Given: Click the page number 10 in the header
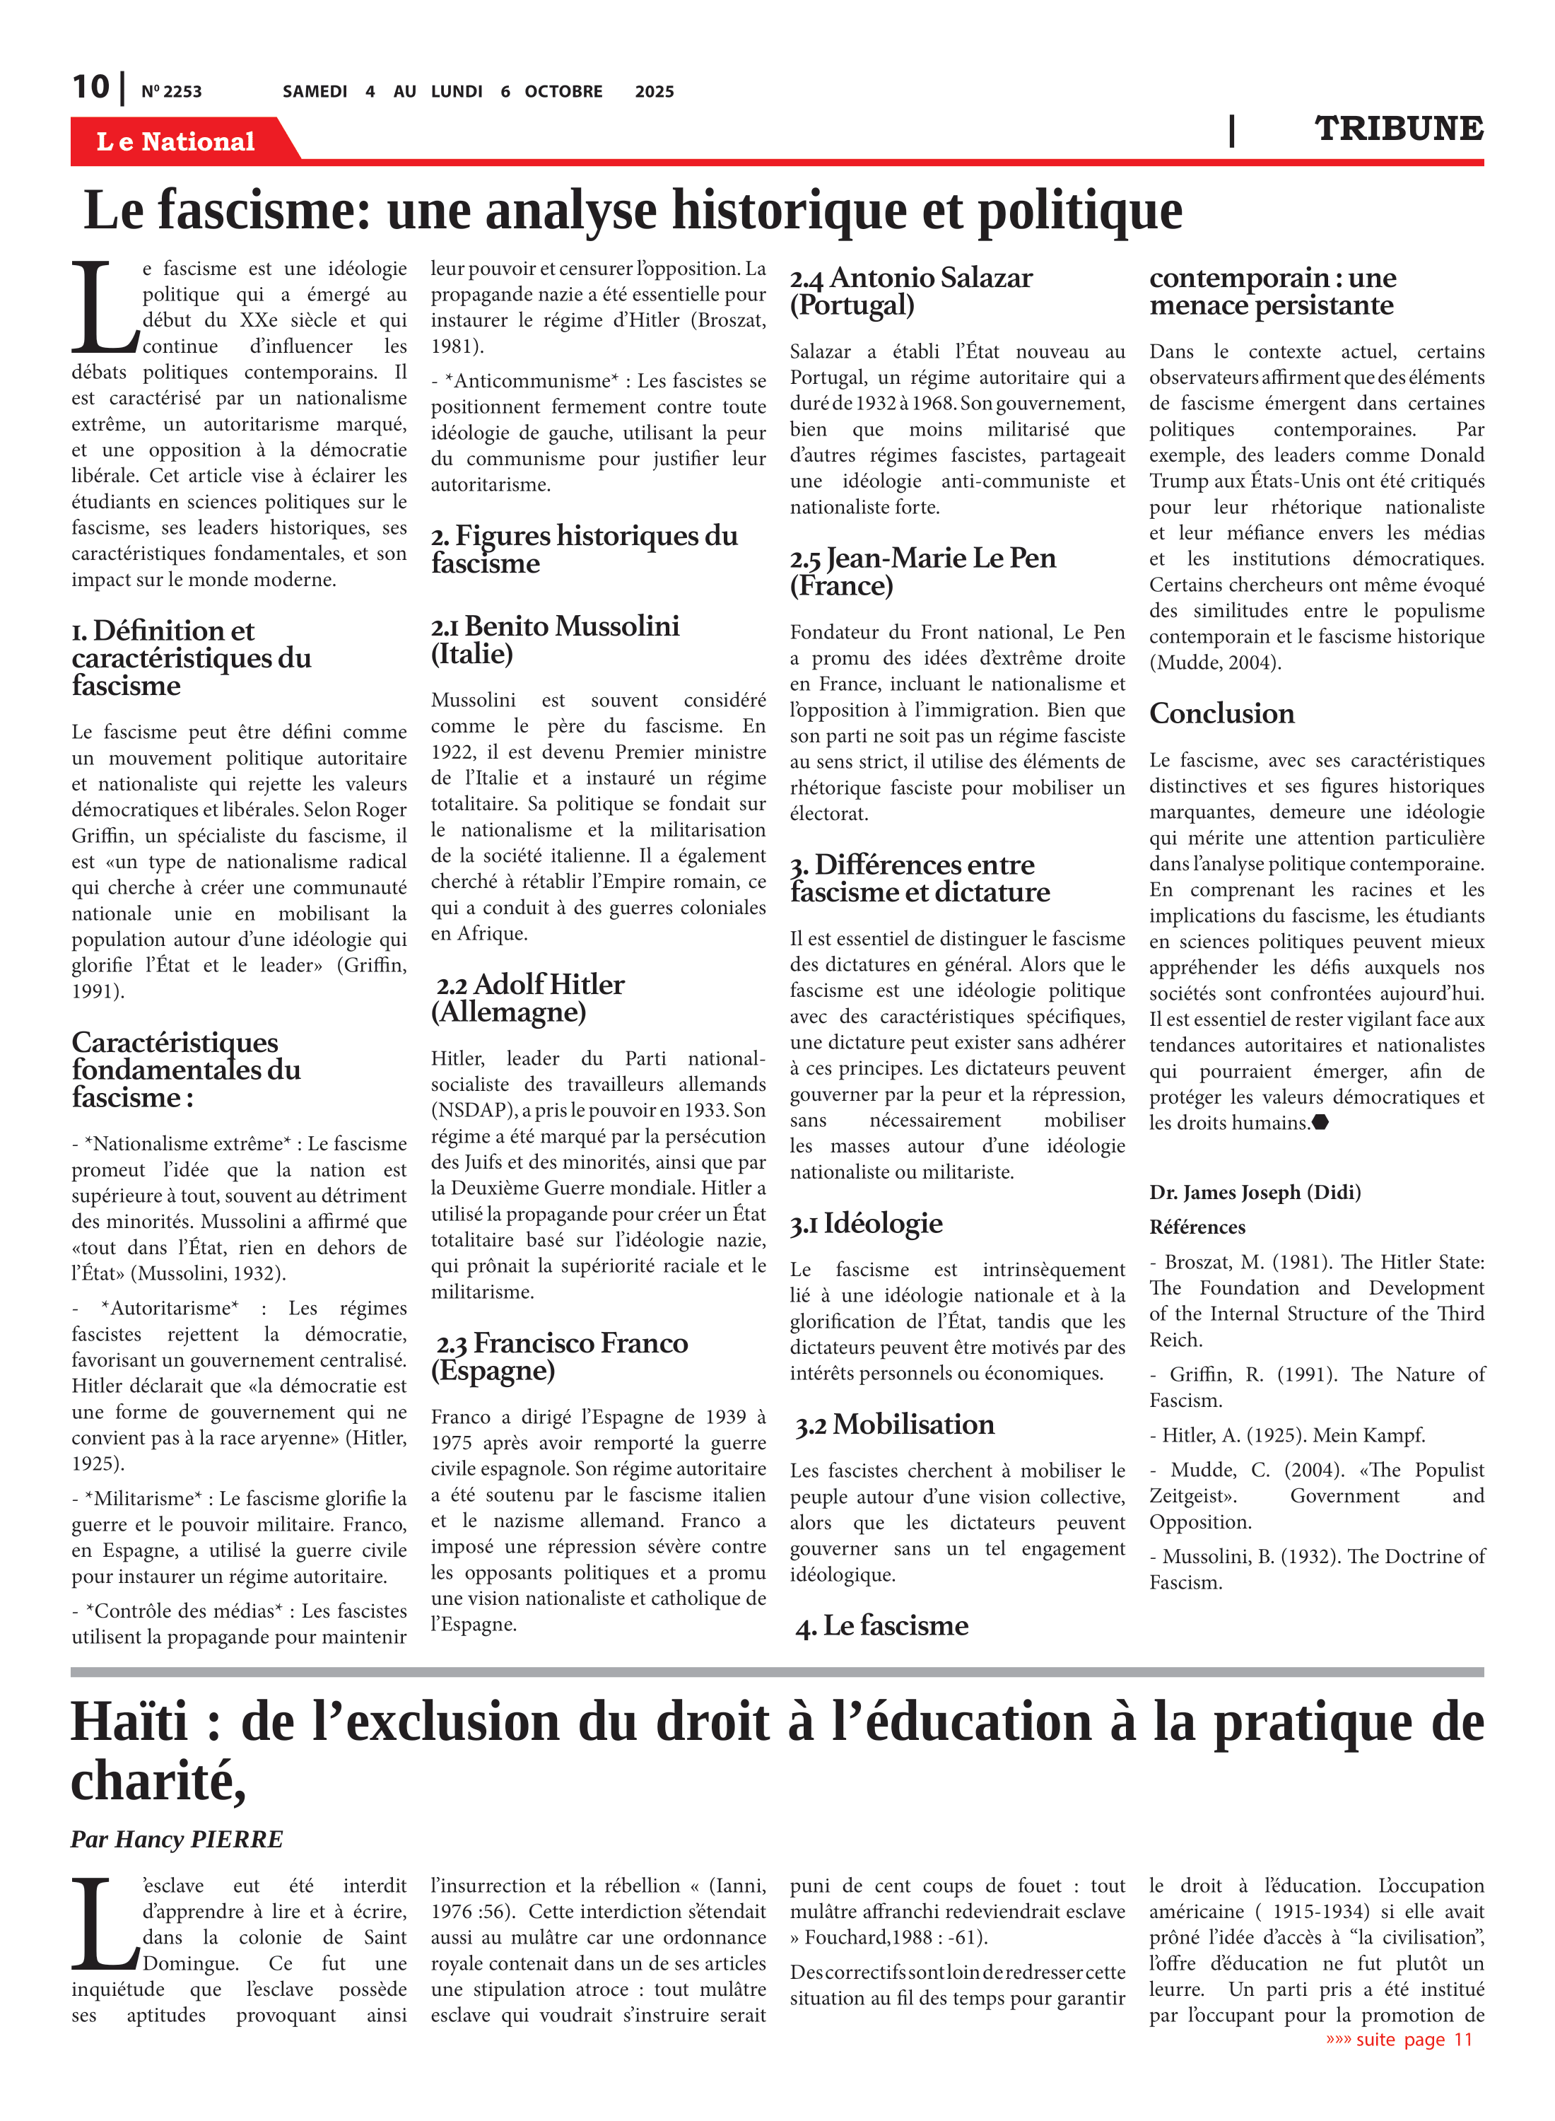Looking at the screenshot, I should point(90,88).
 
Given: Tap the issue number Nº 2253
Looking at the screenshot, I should point(171,91).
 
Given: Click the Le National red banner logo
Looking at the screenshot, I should point(176,141).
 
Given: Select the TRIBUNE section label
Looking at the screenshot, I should point(1398,128).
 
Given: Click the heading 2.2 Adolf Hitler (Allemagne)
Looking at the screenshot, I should point(528,998).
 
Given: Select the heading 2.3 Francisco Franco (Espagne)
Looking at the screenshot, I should point(559,1357).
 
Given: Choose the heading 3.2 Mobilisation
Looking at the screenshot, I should point(894,1425).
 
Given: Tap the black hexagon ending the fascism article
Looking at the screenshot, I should point(1320,1121).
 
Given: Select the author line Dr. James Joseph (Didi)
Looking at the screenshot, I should point(1255,1192).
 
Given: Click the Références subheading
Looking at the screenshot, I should point(1197,1227).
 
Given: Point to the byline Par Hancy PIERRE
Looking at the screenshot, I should point(176,1839).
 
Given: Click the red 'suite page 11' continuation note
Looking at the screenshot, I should point(1399,2039).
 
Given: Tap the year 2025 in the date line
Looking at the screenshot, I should point(655,91).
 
